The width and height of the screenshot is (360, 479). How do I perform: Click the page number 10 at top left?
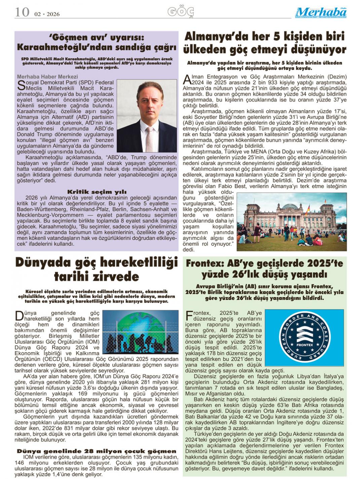coord(22,12)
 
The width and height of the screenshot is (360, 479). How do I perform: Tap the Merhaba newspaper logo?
coord(321,13)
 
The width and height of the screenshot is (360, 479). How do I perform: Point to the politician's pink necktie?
coord(149,135)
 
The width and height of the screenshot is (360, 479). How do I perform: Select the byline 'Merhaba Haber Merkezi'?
coord(47,77)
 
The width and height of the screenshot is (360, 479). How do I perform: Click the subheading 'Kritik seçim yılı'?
coord(97,192)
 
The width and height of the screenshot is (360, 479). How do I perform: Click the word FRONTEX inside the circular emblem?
coord(305,345)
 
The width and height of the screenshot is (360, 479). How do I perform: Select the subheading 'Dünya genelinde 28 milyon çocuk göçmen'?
coord(97,451)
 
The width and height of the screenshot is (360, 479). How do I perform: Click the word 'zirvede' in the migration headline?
coord(96,277)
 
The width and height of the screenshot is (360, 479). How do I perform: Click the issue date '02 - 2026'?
coord(47,14)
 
